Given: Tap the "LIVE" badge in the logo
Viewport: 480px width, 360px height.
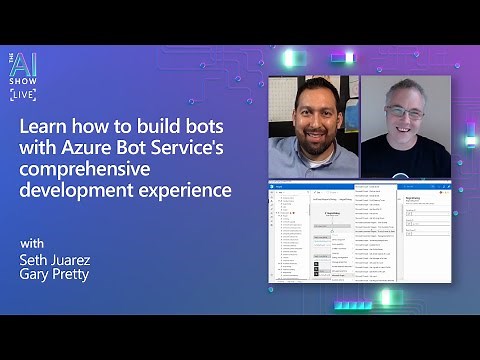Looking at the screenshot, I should (24, 95).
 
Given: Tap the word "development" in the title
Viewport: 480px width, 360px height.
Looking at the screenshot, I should (77, 191).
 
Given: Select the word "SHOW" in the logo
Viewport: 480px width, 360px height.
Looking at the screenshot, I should (25, 80).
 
